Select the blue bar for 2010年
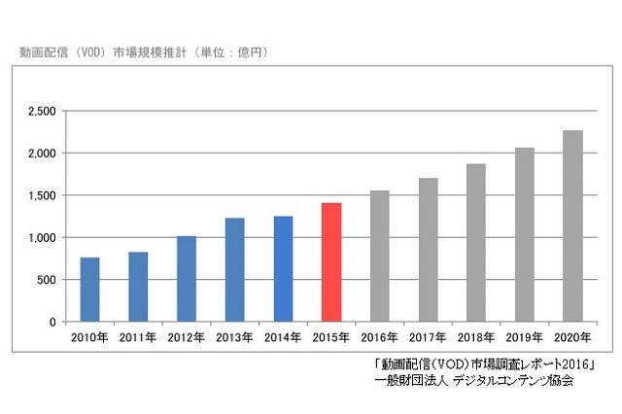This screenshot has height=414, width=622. pyautogui.click(x=89, y=290)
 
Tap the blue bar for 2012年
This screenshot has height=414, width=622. pyautogui.click(x=187, y=279)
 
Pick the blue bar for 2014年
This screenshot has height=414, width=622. pyautogui.click(x=283, y=269)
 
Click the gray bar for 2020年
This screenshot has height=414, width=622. pyautogui.click(x=572, y=226)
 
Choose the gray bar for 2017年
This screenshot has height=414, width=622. pyautogui.click(x=428, y=250)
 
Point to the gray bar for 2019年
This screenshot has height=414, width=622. pyautogui.click(x=524, y=234)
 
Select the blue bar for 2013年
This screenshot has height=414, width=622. pyautogui.click(x=235, y=270)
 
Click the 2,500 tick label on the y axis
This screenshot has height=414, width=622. pyautogui.click(x=41, y=112)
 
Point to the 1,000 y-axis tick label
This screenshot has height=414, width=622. pyautogui.click(x=41, y=238)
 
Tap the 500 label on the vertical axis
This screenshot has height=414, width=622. pyautogui.click(x=47, y=280)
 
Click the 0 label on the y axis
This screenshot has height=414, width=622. pyautogui.click(x=53, y=322)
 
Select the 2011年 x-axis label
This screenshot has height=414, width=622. pyautogui.click(x=138, y=337)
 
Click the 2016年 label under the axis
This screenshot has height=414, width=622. pyautogui.click(x=379, y=337)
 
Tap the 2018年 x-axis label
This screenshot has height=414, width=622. pyautogui.click(x=476, y=337)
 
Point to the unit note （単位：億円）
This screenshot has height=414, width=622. pyautogui.click(x=229, y=51)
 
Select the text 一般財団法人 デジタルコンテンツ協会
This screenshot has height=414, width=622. pyautogui.click(x=473, y=381)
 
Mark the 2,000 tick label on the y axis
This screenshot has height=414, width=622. pyautogui.click(x=41, y=154)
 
